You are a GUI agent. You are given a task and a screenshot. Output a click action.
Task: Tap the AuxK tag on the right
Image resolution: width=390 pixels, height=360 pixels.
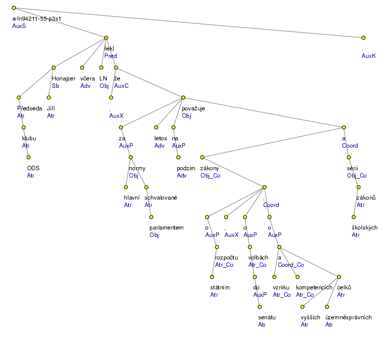[368, 56]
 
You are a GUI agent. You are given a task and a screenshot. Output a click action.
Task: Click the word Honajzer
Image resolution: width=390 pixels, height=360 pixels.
[64, 78]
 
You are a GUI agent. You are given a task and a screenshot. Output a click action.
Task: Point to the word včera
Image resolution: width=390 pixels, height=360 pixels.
[88, 78]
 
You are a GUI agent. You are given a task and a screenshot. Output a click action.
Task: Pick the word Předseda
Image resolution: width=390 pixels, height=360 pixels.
[29, 108]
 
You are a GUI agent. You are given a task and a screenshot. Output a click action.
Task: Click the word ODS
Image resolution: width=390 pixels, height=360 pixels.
[33, 168]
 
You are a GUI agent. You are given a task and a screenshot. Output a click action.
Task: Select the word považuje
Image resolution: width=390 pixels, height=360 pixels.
[193, 108]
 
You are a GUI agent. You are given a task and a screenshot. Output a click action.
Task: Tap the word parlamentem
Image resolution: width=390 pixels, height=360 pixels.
[166, 228]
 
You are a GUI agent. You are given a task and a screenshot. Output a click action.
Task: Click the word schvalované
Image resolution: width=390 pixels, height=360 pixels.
[161, 198]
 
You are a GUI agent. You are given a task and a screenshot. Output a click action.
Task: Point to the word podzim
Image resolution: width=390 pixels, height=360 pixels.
[187, 168]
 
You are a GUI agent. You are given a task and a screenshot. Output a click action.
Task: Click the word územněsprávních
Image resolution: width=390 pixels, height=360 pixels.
[348, 317]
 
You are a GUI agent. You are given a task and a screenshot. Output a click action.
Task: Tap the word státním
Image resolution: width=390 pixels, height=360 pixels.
[220, 287]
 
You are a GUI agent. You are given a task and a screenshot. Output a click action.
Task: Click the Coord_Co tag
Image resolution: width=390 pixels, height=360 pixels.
[291, 265]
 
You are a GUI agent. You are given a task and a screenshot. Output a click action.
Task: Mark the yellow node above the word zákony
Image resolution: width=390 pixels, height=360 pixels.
[202, 157]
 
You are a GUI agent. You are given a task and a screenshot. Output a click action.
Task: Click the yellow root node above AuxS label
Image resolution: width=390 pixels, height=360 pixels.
[14, 8]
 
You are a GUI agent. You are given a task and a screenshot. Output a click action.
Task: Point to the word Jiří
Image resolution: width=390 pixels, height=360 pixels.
[51, 108]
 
